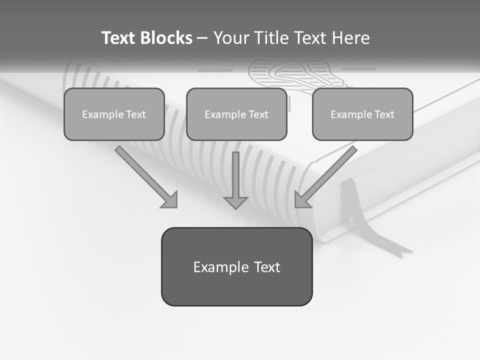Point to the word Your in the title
(230, 38)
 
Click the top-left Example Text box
(114, 114)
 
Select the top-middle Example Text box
(236, 114)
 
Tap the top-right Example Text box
(362, 114)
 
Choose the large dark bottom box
(236, 266)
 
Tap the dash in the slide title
(202, 38)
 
